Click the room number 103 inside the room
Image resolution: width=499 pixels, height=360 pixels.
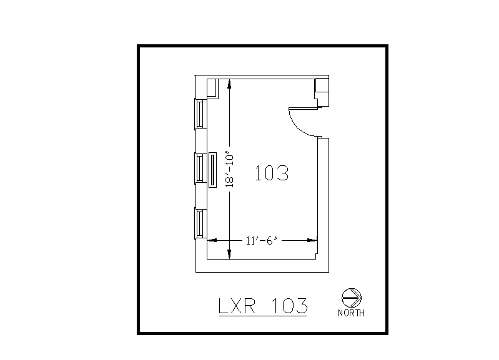(x=272, y=173)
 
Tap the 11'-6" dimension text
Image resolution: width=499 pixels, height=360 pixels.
(x=262, y=240)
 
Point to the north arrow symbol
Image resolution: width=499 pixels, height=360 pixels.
(x=352, y=297)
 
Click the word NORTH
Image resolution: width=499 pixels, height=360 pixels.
(x=351, y=313)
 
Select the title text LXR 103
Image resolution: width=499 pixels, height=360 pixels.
(x=262, y=306)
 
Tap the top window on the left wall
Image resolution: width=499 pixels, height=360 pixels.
(x=200, y=114)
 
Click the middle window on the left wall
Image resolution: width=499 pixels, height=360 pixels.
(x=200, y=169)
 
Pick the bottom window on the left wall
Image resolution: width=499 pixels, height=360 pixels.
(x=200, y=224)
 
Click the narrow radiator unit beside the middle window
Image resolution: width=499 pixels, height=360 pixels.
(x=212, y=170)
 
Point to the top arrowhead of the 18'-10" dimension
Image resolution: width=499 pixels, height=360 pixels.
(x=230, y=84)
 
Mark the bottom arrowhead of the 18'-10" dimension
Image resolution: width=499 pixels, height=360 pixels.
(x=230, y=254)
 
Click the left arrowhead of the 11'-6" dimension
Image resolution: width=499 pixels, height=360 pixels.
(x=210, y=240)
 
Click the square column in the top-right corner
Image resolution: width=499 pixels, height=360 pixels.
(x=322, y=85)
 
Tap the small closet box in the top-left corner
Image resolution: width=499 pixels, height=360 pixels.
(x=212, y=88)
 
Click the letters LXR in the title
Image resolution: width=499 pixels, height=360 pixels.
(x=237, y=306)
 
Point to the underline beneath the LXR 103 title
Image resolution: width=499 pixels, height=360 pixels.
(x=262, y=317)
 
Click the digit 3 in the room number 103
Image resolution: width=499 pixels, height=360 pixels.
(x=282, y=173)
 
